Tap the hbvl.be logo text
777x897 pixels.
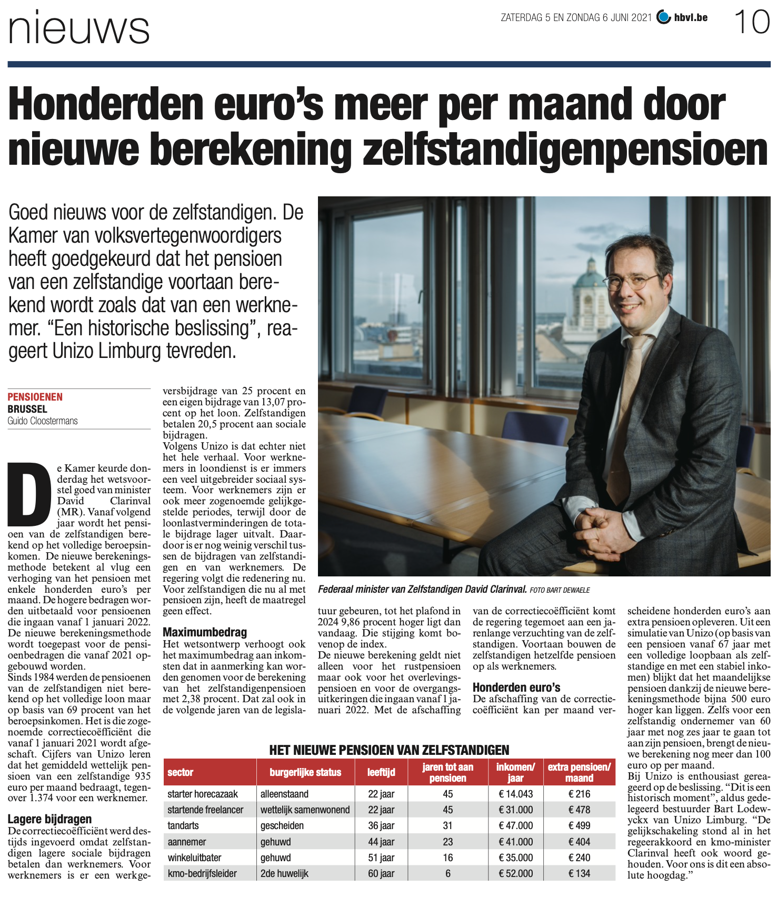coord(691,18)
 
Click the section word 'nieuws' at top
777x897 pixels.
coord(79,29)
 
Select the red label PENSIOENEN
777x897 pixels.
coord(35,397)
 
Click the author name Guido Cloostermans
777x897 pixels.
coord(43,421)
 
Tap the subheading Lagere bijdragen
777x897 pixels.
coord(50,819)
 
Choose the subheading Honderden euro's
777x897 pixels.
coord(516,687)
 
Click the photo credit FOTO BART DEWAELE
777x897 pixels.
coord(560,590)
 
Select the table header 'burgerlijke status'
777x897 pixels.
coord(305,772)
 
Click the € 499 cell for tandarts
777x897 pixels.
coord(579,825)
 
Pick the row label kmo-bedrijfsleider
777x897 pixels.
coord(202,873)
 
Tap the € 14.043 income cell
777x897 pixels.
coord(515,794)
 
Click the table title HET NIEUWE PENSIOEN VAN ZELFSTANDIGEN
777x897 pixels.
coord(389,750)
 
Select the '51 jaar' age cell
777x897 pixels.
coord(381,858)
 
